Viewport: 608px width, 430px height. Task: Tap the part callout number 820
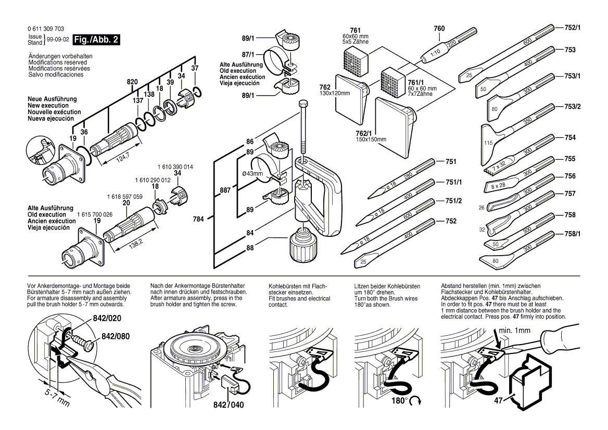pyautogui.click(x=133, y=82)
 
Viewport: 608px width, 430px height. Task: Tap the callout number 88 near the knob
pyautogui.click(x=250, y=247)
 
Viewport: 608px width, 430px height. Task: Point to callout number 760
pyautogui.click(x=439, y=28)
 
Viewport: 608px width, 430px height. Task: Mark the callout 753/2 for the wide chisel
pyautogui.click(x=573, y=107)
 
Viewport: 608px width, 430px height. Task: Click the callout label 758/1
pyautogui.click(x=573, y=234)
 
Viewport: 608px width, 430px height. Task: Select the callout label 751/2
pyautogui.click(x=453, y=201)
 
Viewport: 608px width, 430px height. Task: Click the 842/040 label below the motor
pyautogui.click(x=228, y=404)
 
